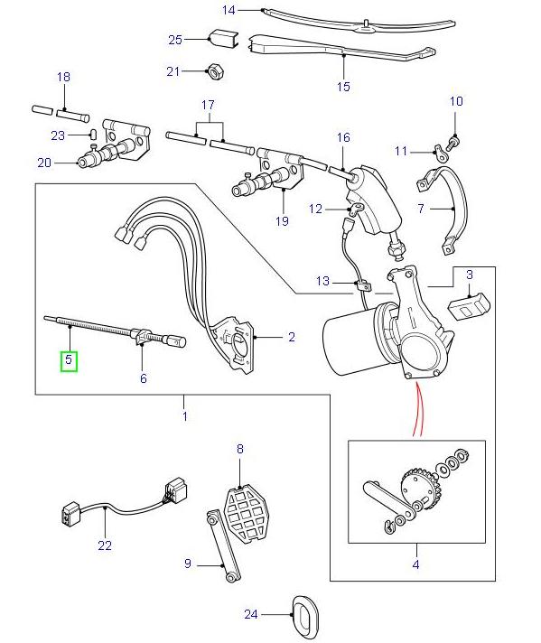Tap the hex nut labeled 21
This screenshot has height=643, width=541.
tap(216, 70)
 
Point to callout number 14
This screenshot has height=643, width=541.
tap(229, 10)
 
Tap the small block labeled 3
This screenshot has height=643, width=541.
tap(469, 303)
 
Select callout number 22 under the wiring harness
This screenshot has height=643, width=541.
tap(105, 545)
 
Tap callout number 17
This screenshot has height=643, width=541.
tap(208, 104)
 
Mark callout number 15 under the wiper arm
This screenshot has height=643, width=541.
tap(342, 87)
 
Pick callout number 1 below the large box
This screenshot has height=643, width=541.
tap(184, 416)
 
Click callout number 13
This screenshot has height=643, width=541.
tap(323, 282)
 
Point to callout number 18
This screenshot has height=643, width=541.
tap(63, 77)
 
